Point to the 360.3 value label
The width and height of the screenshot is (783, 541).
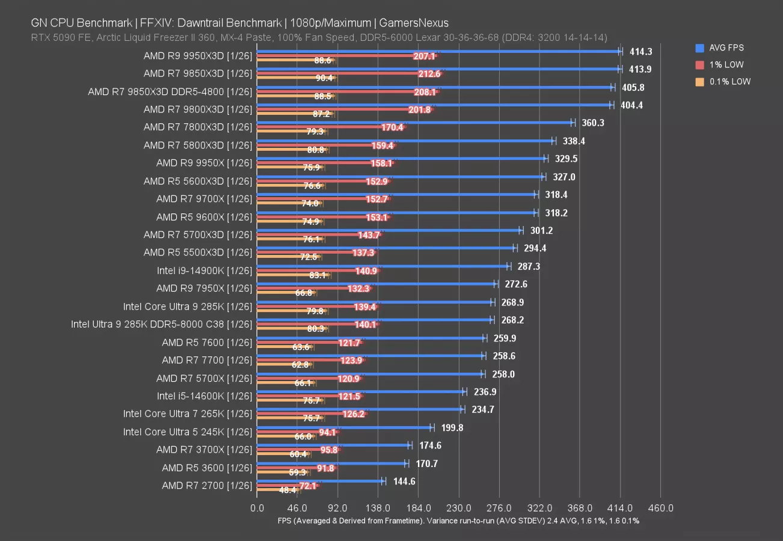tap(593, 123)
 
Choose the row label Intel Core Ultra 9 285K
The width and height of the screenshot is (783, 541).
tap(188, 307)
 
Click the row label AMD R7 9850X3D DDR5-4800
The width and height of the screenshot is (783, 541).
tap(170, 91)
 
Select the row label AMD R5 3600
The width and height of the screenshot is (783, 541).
tap(207, 468)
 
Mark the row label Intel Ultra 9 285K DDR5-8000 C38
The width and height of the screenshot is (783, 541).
tap(162, 325)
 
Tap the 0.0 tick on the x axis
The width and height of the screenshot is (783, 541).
tap(257, 508)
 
